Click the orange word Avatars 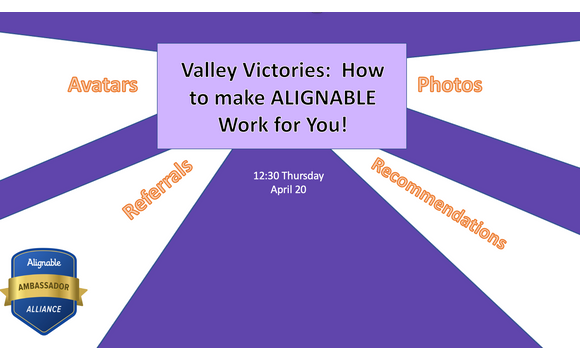[x=103, y=85]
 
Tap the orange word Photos [x=450, y=85]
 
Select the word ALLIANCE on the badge [x=50, y=308]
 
